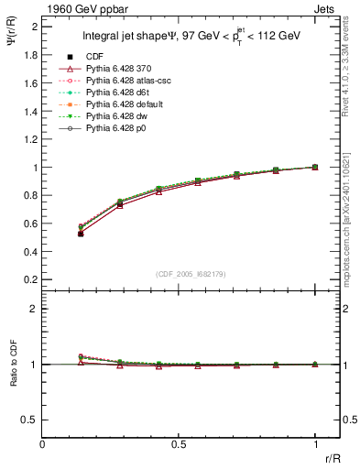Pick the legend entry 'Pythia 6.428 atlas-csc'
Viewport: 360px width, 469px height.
point(130,81)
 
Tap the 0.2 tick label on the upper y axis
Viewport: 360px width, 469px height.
point(31,279)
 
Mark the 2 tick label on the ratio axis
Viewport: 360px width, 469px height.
point(35,309)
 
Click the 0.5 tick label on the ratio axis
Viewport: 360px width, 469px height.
point(31,420)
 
